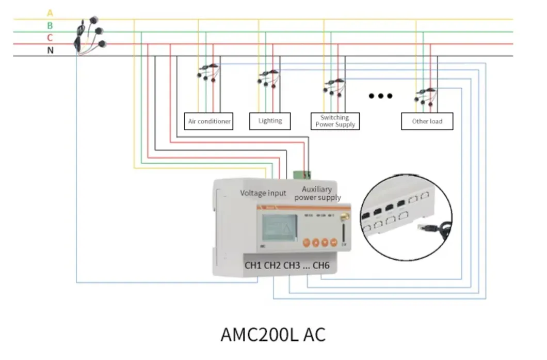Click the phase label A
click(x=50, y=12)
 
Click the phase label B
click(x=50, y=25)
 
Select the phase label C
click(x=50, y=38)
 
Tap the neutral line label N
click(x=50, y=51)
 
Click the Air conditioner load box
click(x=209, y=121)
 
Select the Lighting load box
click(x=270, y=121)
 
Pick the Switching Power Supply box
click(x=334, y=121)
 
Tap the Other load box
click(x=427, y=121)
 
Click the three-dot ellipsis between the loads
click(x=381, y=96)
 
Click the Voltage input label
click(x=263, y=193)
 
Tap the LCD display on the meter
click(x=277, y=229)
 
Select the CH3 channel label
click(x=292, y=266)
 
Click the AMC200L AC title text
click(x=273, y=334)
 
